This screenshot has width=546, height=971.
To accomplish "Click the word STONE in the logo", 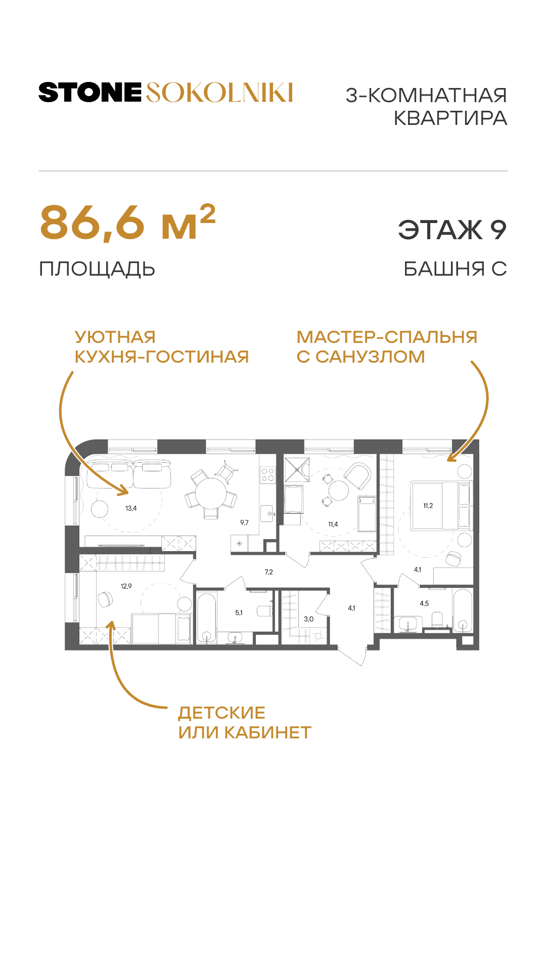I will pyautogui.click(x=90, y=93).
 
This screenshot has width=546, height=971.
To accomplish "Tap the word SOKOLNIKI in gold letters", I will pyautogui.click(x=219, y=93).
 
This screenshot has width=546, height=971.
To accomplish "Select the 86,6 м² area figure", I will pyautogui.click(x=127, y=223).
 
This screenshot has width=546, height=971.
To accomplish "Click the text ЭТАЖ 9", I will pyautogui.click(x=452, y=230).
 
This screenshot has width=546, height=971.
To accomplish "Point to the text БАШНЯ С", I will pyautogui.click(x=455, y=269).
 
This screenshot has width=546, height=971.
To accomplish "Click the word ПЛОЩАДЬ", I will pyautogui.click(x=97, y=269).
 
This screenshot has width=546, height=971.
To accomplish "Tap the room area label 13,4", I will pyautogui.click(x=131, y=508).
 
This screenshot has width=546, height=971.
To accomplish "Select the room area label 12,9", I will pyautogui.click(x=126, y=586).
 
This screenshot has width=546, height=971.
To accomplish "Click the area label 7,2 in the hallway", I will pyautogui.click(x=268, y=572).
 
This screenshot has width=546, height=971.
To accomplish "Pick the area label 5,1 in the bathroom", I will pyautogui.click(x=239, y=612).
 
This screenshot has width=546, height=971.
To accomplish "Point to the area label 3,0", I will pyautogui.click(x=308, y=619).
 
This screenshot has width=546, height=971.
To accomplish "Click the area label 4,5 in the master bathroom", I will pyautogui.click(x=424, y=603).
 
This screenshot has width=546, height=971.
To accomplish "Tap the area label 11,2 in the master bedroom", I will pyautogui.click(x=428, y=506).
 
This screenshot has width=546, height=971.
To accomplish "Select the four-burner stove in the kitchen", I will pyautogui.click(x=267, y=474).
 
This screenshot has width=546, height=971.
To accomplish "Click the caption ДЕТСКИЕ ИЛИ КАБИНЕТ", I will pyautogui.click(x=245, y=723).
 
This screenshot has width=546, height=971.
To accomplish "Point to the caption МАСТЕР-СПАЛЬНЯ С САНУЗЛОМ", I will pyautogui.click(x=387, y=347).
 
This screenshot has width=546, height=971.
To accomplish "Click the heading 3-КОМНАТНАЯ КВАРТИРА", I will pyautogui.click(x=426, y=107).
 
